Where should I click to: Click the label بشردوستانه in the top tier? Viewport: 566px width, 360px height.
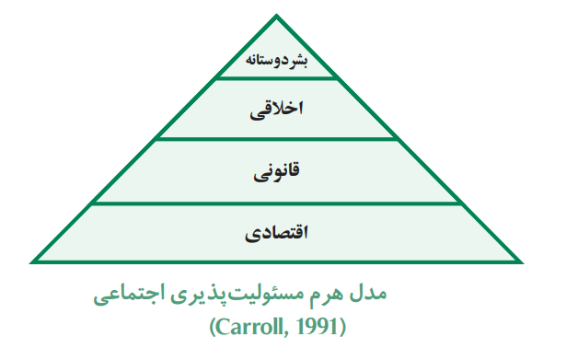point(277,63)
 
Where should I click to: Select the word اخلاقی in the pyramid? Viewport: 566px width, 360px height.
point(277,110)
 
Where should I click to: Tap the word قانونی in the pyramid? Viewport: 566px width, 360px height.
point(277,171)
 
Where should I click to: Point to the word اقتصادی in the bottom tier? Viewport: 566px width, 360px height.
point(276,232)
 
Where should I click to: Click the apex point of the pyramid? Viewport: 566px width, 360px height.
point(277,14)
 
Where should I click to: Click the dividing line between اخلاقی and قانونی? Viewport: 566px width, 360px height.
point(277,140)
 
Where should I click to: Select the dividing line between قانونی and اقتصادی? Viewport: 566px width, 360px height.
point(277,203)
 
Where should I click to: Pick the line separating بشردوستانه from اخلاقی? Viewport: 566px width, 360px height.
point(277,78)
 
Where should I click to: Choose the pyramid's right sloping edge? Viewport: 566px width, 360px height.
point(400,139)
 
